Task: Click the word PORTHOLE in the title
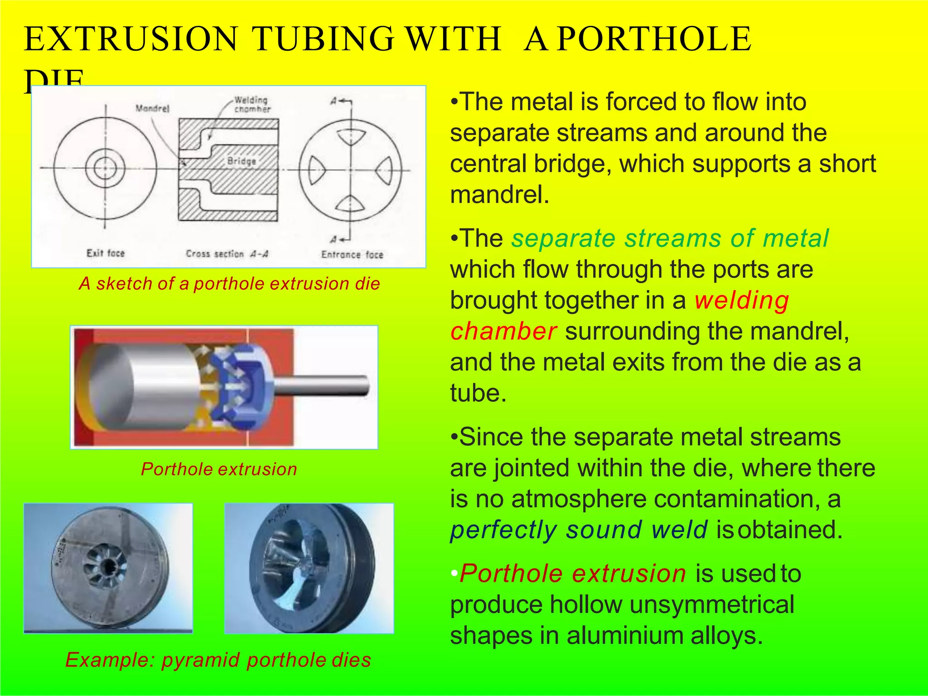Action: [654, 39]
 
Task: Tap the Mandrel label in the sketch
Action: [153, 109]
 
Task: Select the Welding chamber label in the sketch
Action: [252, 104]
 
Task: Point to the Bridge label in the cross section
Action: [242, 161]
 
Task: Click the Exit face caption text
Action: [106, 253]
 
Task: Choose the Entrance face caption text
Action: [352, 255]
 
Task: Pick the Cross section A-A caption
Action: [227, 254]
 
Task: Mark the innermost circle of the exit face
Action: [106, 168]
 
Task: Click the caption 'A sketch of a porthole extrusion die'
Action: [229, 284]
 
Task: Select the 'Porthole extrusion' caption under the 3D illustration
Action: [219, 469]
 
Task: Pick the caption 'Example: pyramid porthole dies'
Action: [218, 660]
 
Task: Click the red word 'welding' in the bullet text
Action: [742, 300]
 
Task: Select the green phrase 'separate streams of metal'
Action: [670, 238]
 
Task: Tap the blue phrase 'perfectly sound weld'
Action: [578, 530]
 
